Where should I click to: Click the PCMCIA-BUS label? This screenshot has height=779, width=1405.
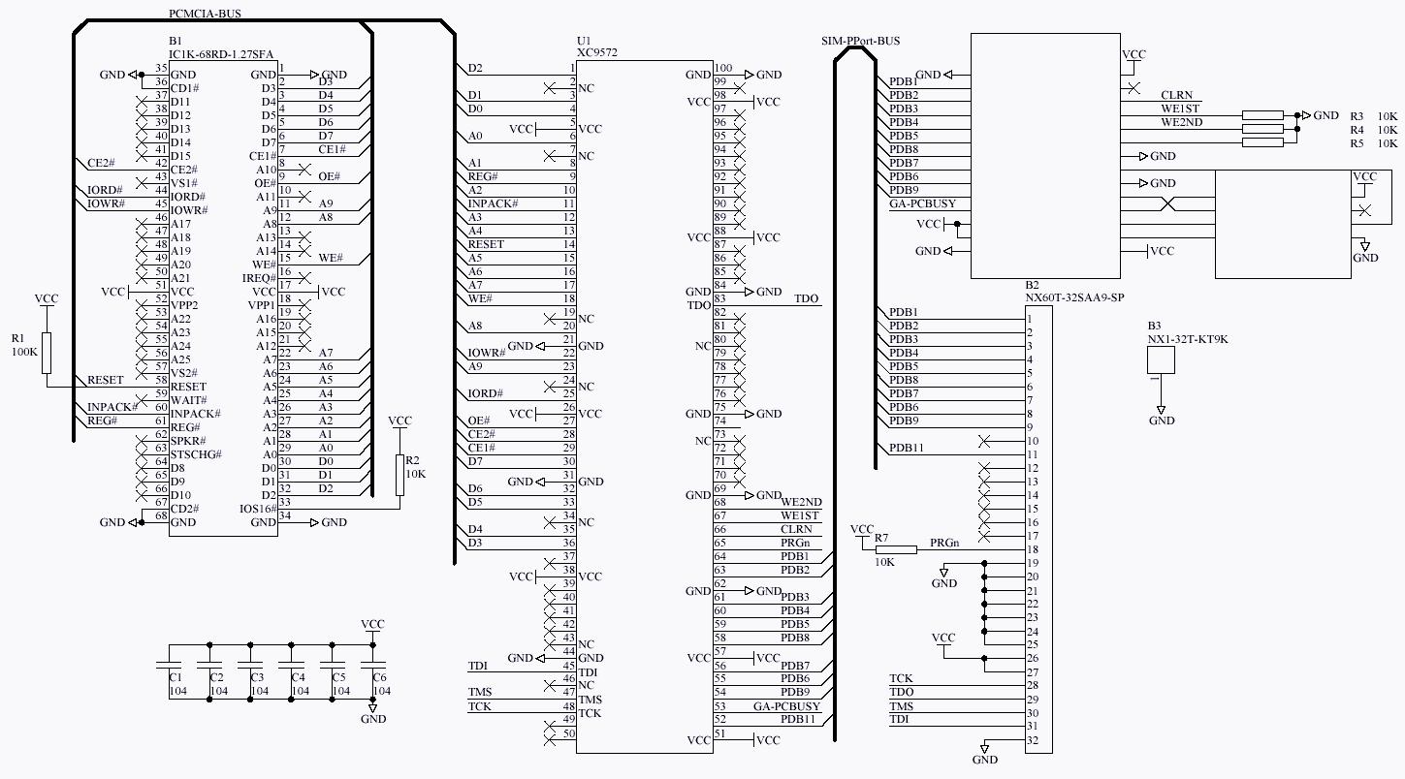point(205,14)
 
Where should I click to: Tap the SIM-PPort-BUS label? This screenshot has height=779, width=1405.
point(859,41)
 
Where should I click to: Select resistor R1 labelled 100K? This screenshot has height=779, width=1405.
point(47,354)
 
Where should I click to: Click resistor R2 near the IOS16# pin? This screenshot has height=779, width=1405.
point(399,475)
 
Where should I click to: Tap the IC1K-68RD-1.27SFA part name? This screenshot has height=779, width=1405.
point(221,54)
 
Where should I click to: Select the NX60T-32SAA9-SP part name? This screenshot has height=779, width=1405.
point(1074,298)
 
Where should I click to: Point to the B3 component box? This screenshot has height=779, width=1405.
point(1161,360)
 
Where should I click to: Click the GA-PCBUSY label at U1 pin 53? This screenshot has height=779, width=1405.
point(786,706)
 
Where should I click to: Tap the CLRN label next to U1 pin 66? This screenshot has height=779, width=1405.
point(796,529)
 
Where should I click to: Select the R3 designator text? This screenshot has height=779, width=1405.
point(1357,116)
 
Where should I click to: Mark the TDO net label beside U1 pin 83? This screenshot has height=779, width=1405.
point(806,299)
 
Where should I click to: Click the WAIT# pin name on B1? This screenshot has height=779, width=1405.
point(187,400)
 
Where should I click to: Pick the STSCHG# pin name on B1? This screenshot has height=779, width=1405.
point(196,454)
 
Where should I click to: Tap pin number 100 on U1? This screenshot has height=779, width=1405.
point(723,68)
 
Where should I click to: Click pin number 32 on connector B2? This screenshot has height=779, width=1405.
point(1033,741)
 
